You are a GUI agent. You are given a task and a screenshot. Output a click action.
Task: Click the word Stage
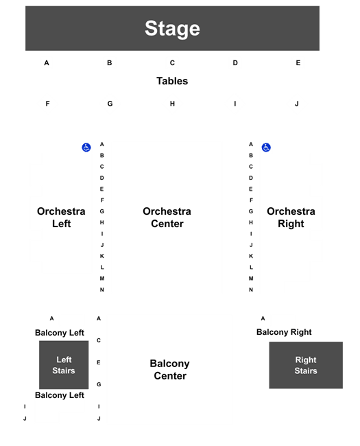coord(172,28)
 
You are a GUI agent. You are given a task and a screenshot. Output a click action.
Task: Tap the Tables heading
coord(172,81)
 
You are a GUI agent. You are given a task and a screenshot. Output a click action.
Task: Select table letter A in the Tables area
coord(47,63)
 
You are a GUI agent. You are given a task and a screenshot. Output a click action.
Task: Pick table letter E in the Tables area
coord(298,63)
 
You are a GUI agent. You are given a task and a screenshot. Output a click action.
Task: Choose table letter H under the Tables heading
coord(172,104)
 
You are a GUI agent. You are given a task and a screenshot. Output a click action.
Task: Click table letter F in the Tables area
coord(47,104)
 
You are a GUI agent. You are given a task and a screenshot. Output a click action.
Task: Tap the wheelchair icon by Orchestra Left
coord(86,148)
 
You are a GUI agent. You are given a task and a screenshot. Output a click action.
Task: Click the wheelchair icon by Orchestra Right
coord(266,148)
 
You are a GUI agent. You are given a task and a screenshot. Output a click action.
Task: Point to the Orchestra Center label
coord(167,218)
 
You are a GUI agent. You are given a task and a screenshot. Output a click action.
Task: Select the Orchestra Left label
coord(61,218)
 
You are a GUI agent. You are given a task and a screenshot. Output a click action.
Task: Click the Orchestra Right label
coord(291,218)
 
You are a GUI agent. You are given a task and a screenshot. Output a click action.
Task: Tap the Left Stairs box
coord(64,364)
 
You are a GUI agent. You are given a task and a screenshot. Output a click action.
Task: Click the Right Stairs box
coord(306,365)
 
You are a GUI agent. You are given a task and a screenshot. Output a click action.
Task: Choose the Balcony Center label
coord(170,369)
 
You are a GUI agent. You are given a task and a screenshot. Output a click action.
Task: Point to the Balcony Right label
coord(284,332)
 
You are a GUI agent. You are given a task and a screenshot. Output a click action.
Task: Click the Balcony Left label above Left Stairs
coord(60,333)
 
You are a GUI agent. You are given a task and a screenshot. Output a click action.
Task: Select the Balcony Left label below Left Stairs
coord(60,395)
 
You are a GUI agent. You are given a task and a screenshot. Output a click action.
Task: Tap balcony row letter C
coord(99,340)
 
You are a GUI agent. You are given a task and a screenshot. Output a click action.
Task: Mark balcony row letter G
coord(99,384)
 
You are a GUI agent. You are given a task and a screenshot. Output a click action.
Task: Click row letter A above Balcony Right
coord(263,318)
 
